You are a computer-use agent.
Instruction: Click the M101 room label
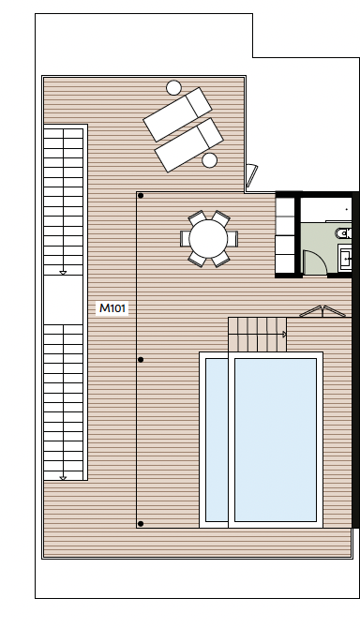[x=112, y=308]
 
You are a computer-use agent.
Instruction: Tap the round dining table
[x=208, y=239]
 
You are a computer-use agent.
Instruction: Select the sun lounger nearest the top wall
[x=177, y=114]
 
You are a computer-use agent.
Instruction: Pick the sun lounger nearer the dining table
[x=188, y=144]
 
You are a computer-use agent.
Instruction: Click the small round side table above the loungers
[x=173, y=88]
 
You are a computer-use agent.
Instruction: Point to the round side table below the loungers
[x=209, y=160]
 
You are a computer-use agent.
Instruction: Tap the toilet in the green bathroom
[x=344, y=232]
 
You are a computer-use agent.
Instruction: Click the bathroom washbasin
[x=345, y=259]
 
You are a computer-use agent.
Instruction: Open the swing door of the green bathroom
[x=315, y=262]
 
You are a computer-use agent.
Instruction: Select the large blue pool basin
[x=276, y=440]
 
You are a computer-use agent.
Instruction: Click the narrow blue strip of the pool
[x=217, y=440]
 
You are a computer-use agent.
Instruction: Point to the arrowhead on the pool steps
[x=285, y=334]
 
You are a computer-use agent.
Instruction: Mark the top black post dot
[x=141, y=196]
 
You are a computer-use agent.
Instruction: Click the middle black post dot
[x=141, y=360]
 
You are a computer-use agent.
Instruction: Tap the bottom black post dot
[x=141, y=523]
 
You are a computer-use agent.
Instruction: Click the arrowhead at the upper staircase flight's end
[x=63, y=273]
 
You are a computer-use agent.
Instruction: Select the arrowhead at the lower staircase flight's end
[x=63, y=477]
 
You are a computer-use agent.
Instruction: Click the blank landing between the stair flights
[x=63, y=300]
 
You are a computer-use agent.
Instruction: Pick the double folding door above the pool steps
[x=322, y=311]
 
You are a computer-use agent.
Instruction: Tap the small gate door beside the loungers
[x=251, y=175]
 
